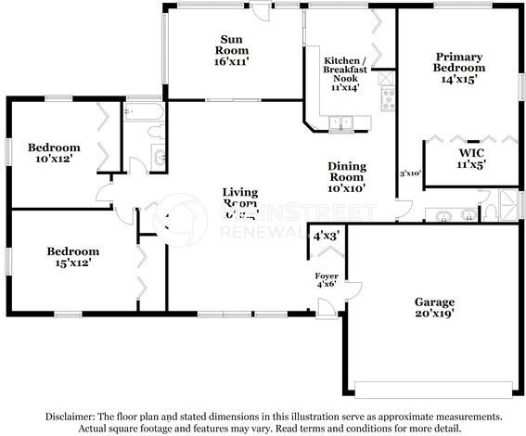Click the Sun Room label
click(231, 50)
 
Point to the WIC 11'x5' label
click(471, 158)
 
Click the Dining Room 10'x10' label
click(347, 176)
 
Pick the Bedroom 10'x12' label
click(53, 153)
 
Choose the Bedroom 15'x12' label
click(72, 257)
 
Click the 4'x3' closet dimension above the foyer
click(326, 237)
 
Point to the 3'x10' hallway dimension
click(410, 173)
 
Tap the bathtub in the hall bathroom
click(144, 114)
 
